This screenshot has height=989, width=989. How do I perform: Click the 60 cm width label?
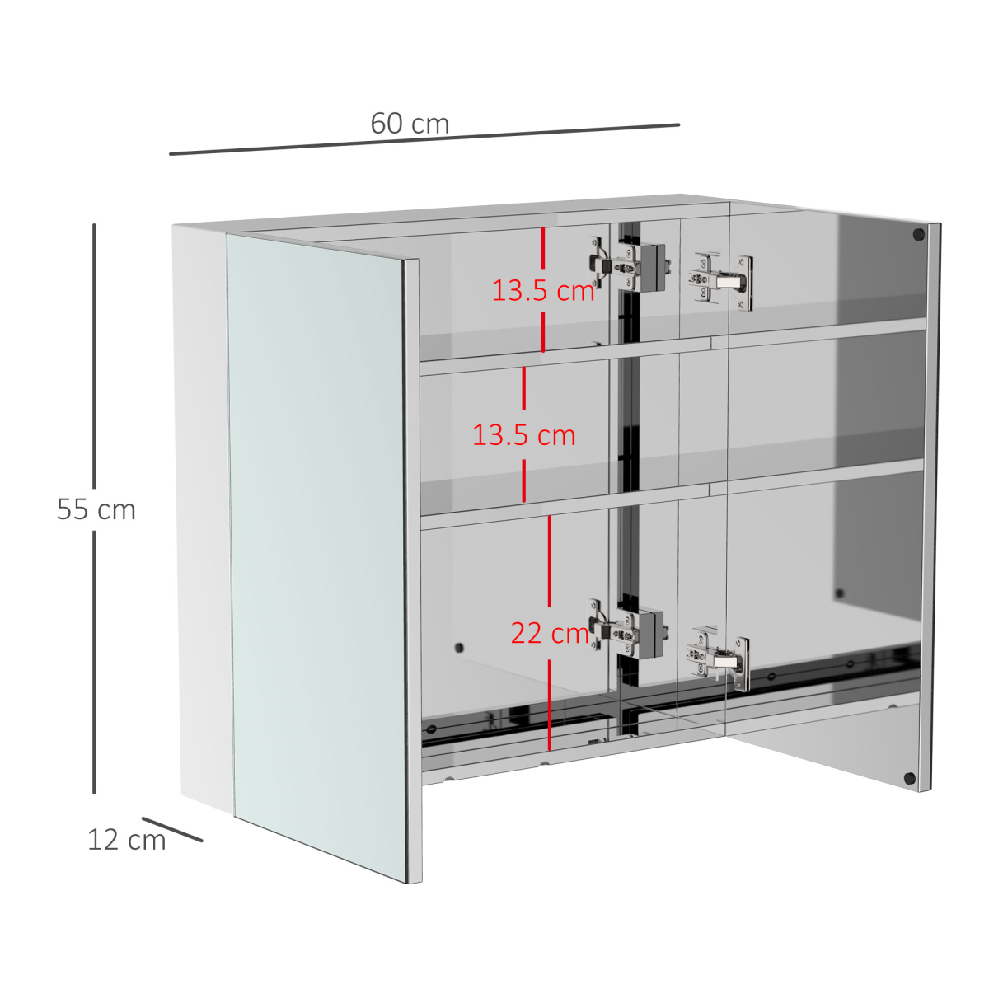click(410, 124)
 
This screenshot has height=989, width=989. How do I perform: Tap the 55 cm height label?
click(96, 509)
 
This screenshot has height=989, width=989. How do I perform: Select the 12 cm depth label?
click(127, 840)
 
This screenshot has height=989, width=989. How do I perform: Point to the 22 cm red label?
click(550, 633)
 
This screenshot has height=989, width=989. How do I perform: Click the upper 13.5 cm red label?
click(543, 290)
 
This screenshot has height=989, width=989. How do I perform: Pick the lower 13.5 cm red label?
click(523, 435)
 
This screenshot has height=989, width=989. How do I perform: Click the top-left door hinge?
click(627, 266)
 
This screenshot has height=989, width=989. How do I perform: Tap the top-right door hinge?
click(720, 282)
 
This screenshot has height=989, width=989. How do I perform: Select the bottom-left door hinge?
click(627, 628)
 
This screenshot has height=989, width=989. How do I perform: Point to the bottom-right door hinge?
click(718, 659)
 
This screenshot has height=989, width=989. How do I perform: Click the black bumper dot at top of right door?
click(918, 235)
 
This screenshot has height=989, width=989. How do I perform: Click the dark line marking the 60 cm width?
click(424, 139)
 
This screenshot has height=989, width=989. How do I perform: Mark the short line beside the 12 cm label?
click(172, 829)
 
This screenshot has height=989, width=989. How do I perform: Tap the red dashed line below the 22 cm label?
click(550, 705)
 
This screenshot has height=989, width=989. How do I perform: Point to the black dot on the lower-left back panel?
click(459, 648)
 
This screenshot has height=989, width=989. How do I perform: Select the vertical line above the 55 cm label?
click(94, 356)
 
